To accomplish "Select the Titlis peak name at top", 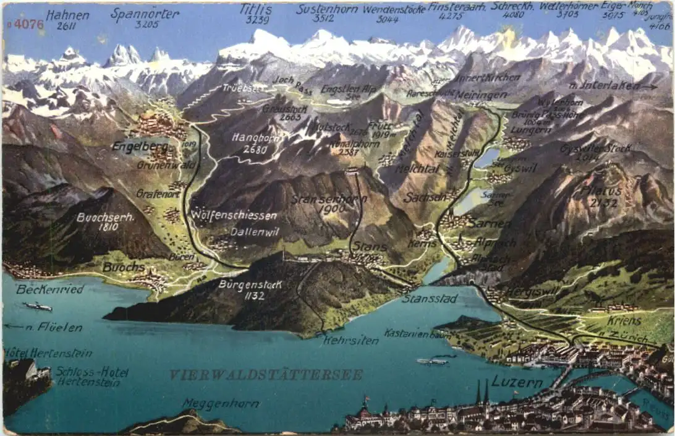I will (x=257, y=9).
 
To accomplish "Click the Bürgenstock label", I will (x=250, y=285).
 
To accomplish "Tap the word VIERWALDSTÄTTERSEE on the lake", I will (x=266, y=375).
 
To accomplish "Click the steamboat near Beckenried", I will (x=38, y=307).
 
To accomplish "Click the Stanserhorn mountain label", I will (x=329, y=200).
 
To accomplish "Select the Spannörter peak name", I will (x=145, y=13).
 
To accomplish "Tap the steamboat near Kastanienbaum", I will (x=432, y=361).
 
